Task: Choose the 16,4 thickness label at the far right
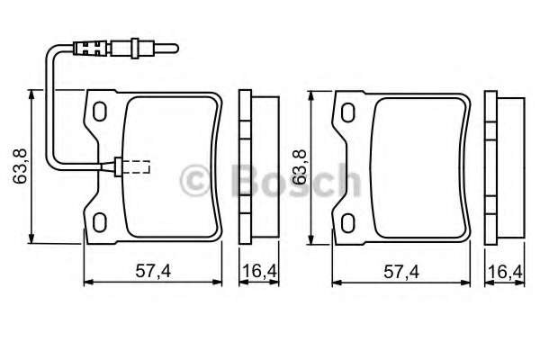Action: (x=504, y=271)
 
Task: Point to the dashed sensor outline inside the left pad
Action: (x=135, y=166)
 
